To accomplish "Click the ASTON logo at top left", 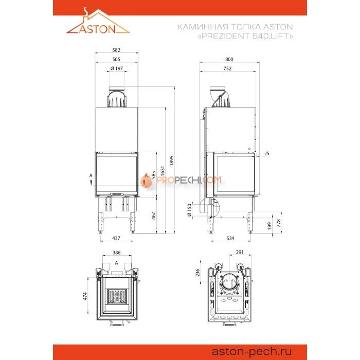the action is tap(98, 21).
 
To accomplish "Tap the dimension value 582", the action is tap(116, 50).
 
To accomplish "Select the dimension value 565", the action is tap(116, 59).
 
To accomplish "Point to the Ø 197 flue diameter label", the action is tap(117, 68).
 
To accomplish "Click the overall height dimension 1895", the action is tap(171, 160).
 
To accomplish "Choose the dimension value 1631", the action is tap(163, 171).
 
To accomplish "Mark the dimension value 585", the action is tap(154, 175).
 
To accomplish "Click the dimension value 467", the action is tap(154, 215).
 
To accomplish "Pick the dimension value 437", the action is tap(116, 238).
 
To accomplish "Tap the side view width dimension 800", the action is tap(229, 59).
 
